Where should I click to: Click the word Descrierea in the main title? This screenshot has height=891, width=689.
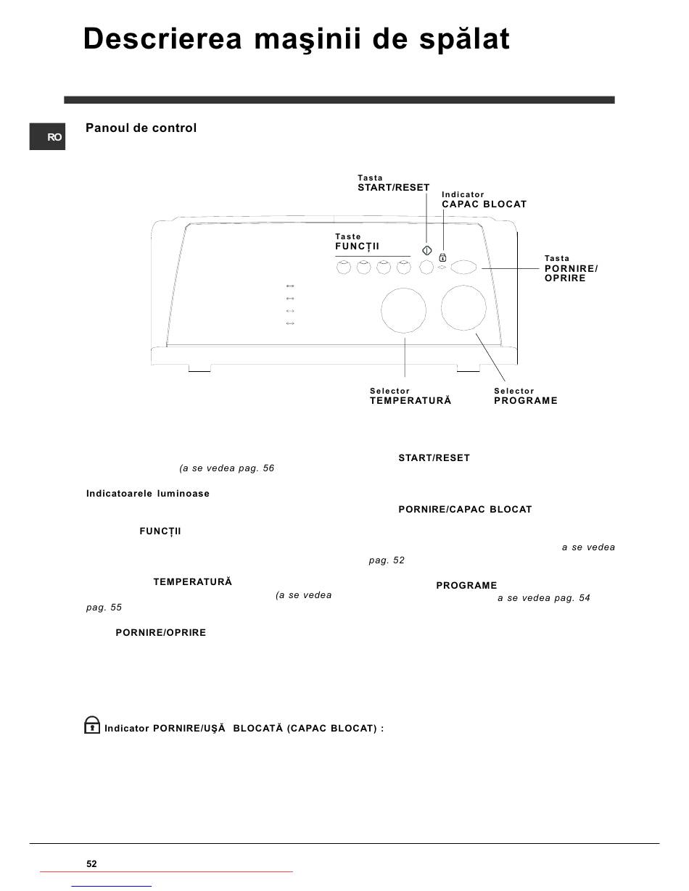(x=162, y=39)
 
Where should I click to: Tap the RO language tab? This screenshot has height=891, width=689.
(x=48, y=137)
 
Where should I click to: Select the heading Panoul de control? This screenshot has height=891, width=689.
(x=141, y=128)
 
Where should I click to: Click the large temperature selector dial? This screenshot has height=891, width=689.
(x=403, y=311)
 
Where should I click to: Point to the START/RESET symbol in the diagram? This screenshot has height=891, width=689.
(x=427, y=251)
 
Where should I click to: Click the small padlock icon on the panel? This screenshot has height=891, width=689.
(x=442, y=257)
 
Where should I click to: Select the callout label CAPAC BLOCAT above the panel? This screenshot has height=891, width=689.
(x=484, y=204)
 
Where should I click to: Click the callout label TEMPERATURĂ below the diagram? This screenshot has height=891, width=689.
(x=410, y=401)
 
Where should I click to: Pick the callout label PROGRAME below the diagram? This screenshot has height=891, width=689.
(x=525, y=401)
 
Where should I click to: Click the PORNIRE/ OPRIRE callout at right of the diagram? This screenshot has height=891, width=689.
(x=571, y=273)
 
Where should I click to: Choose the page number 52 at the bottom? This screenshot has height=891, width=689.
(x=91, y=863)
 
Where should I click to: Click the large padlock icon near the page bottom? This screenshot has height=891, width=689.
(x=92, y=725)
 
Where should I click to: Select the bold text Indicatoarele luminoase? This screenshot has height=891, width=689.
(x=148, y=494)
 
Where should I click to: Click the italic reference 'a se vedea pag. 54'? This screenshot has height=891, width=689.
(x=543, y=598)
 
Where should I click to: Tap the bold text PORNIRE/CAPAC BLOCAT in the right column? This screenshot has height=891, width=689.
(x=465, y=510)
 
